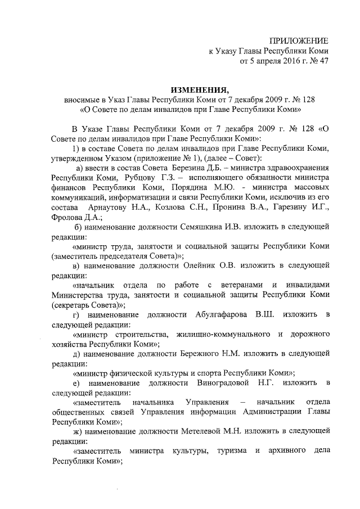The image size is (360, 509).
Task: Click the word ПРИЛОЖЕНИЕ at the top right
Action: tap(298, 40)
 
